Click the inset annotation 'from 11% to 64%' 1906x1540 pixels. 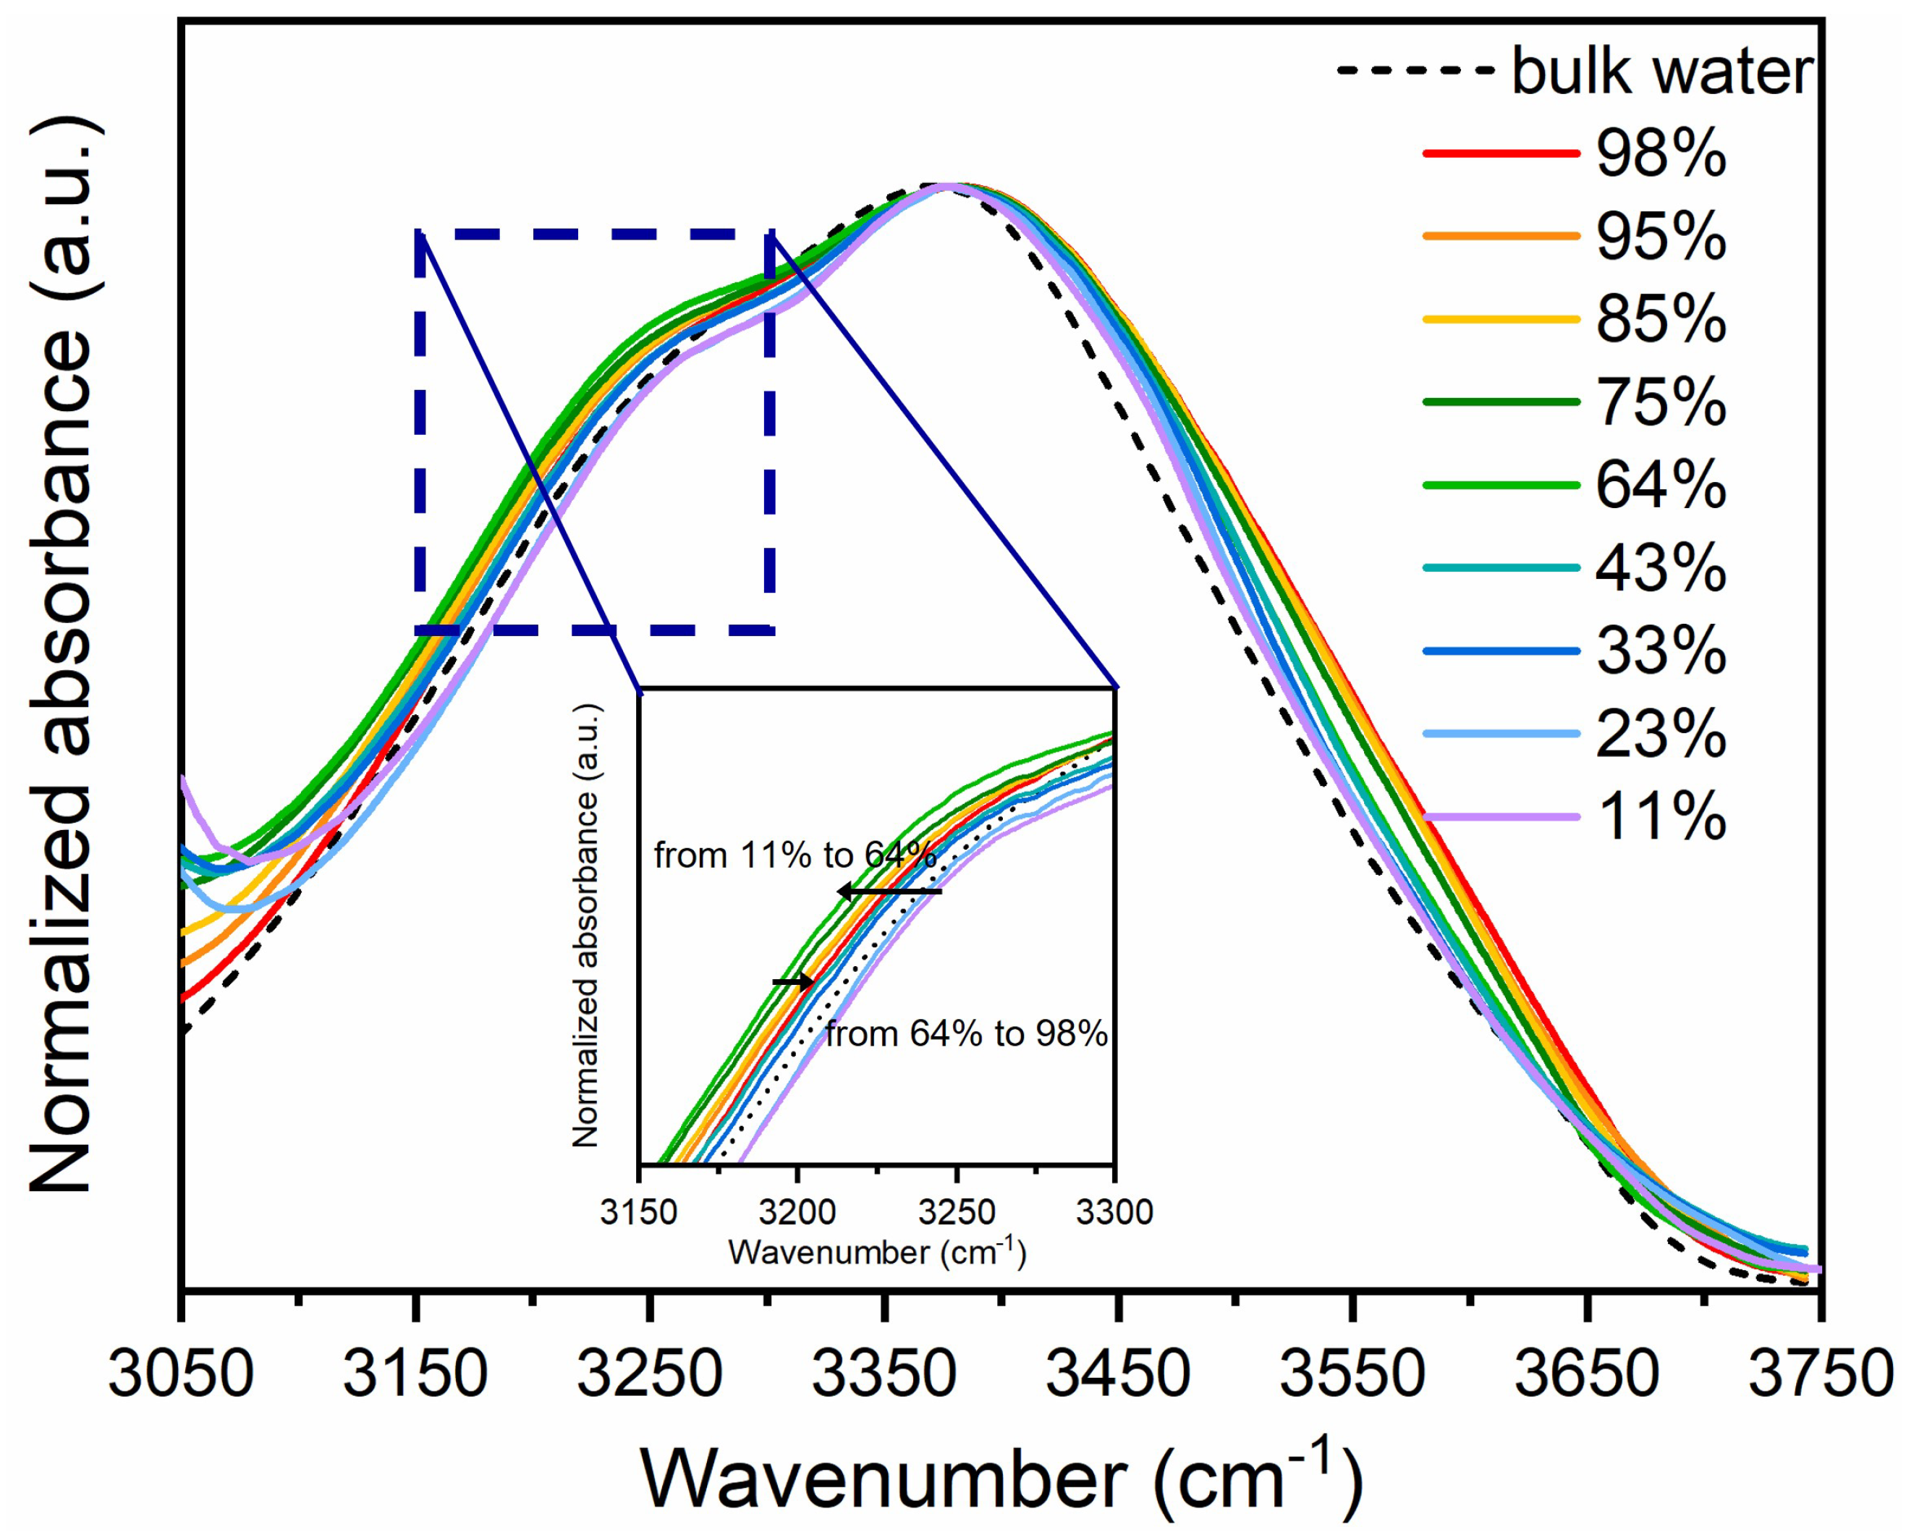point(795,856)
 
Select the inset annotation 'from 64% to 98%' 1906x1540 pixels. point(967,1034)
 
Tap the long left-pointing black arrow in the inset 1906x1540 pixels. point(889,891)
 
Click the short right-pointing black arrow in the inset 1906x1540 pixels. point(792,982)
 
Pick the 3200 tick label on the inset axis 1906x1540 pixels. point(797,1211)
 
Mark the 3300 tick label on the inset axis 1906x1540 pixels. point(1115,1211)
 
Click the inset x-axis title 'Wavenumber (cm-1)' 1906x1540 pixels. point(876,1253)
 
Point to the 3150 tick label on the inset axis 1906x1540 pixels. point(638,1211)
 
